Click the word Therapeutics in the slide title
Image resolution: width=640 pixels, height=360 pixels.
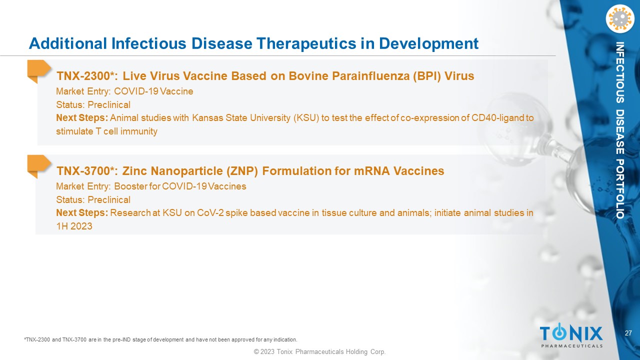tap(306, 43)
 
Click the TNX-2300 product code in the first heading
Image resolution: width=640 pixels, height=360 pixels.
tap(83, 76)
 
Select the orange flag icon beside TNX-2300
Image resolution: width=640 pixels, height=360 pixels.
tap(39, 71)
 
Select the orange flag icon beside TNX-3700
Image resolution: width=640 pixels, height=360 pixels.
tap(39, 166)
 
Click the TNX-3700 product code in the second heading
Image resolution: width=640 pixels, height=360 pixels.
tap(83, 171)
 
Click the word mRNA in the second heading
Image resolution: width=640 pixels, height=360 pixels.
tap(371, 171)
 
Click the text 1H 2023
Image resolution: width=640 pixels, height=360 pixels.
tap(74, 226)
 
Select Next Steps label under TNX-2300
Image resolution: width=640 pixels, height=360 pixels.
tap(82, 118)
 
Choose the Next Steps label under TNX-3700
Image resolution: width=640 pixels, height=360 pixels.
tap(82, 213)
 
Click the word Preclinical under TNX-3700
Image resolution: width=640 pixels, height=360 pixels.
tap(109, 199)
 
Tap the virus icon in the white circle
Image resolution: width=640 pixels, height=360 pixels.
tap(620, 19)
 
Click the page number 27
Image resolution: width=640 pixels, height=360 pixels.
tap(628, 333)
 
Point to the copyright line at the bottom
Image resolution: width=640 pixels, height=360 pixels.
tap(319, 351)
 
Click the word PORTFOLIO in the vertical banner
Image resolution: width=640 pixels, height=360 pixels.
tap(619, 189)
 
